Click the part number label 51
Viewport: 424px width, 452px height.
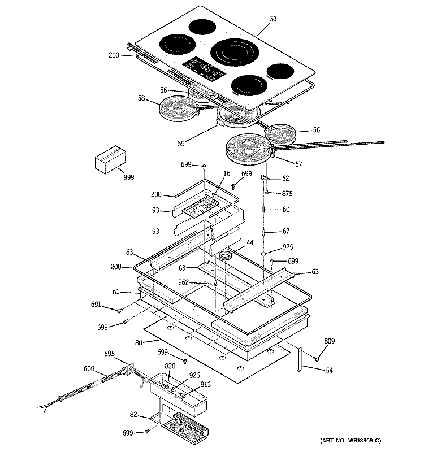tap(274, 19)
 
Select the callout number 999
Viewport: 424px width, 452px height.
tap(129, 177)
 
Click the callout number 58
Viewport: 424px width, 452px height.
tap(141, 98)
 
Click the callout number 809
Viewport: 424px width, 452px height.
tap(330, 341)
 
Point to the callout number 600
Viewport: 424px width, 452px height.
tap(89, 368)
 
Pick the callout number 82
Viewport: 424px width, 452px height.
tap(133, 415)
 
